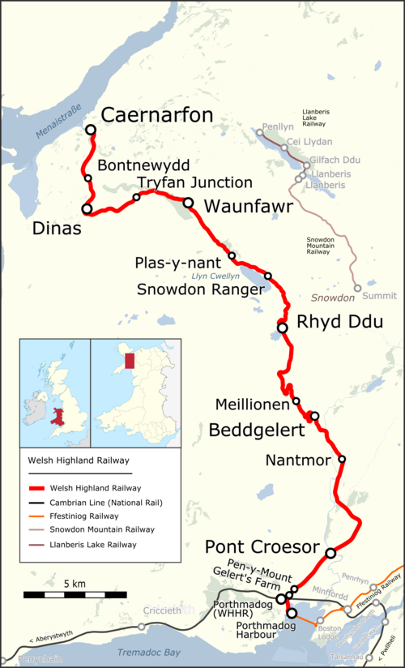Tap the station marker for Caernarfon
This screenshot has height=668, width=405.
tap(91, 130)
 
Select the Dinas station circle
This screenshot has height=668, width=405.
tap(87, 209)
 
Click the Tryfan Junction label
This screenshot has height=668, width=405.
tap(194, 182)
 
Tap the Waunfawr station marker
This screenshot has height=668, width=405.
tap(188, 203)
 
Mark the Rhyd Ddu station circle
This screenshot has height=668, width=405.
tap(282, 328)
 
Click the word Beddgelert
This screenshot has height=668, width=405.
tap(256, 430)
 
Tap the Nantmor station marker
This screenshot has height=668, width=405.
tap(342, 460)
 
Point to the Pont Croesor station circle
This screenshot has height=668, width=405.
tap(330, 553)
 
